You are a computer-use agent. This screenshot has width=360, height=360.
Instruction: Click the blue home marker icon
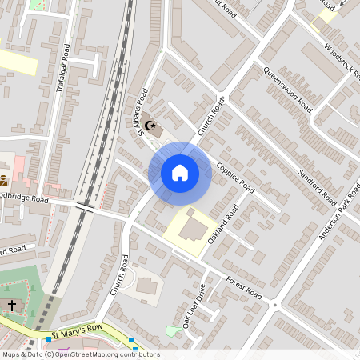click(180, 172)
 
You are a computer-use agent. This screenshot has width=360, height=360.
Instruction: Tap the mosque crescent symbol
click(150, 125)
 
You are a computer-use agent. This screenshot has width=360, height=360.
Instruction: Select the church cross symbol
click(11, 305)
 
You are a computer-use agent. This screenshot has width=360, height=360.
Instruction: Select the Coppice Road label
click(235, 178)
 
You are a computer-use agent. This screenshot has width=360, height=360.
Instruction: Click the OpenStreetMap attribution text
click(80, 354)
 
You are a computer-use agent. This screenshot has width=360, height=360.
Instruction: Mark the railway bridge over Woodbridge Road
click(86, 207)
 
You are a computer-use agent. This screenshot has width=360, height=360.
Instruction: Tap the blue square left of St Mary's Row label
click(49, 339)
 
